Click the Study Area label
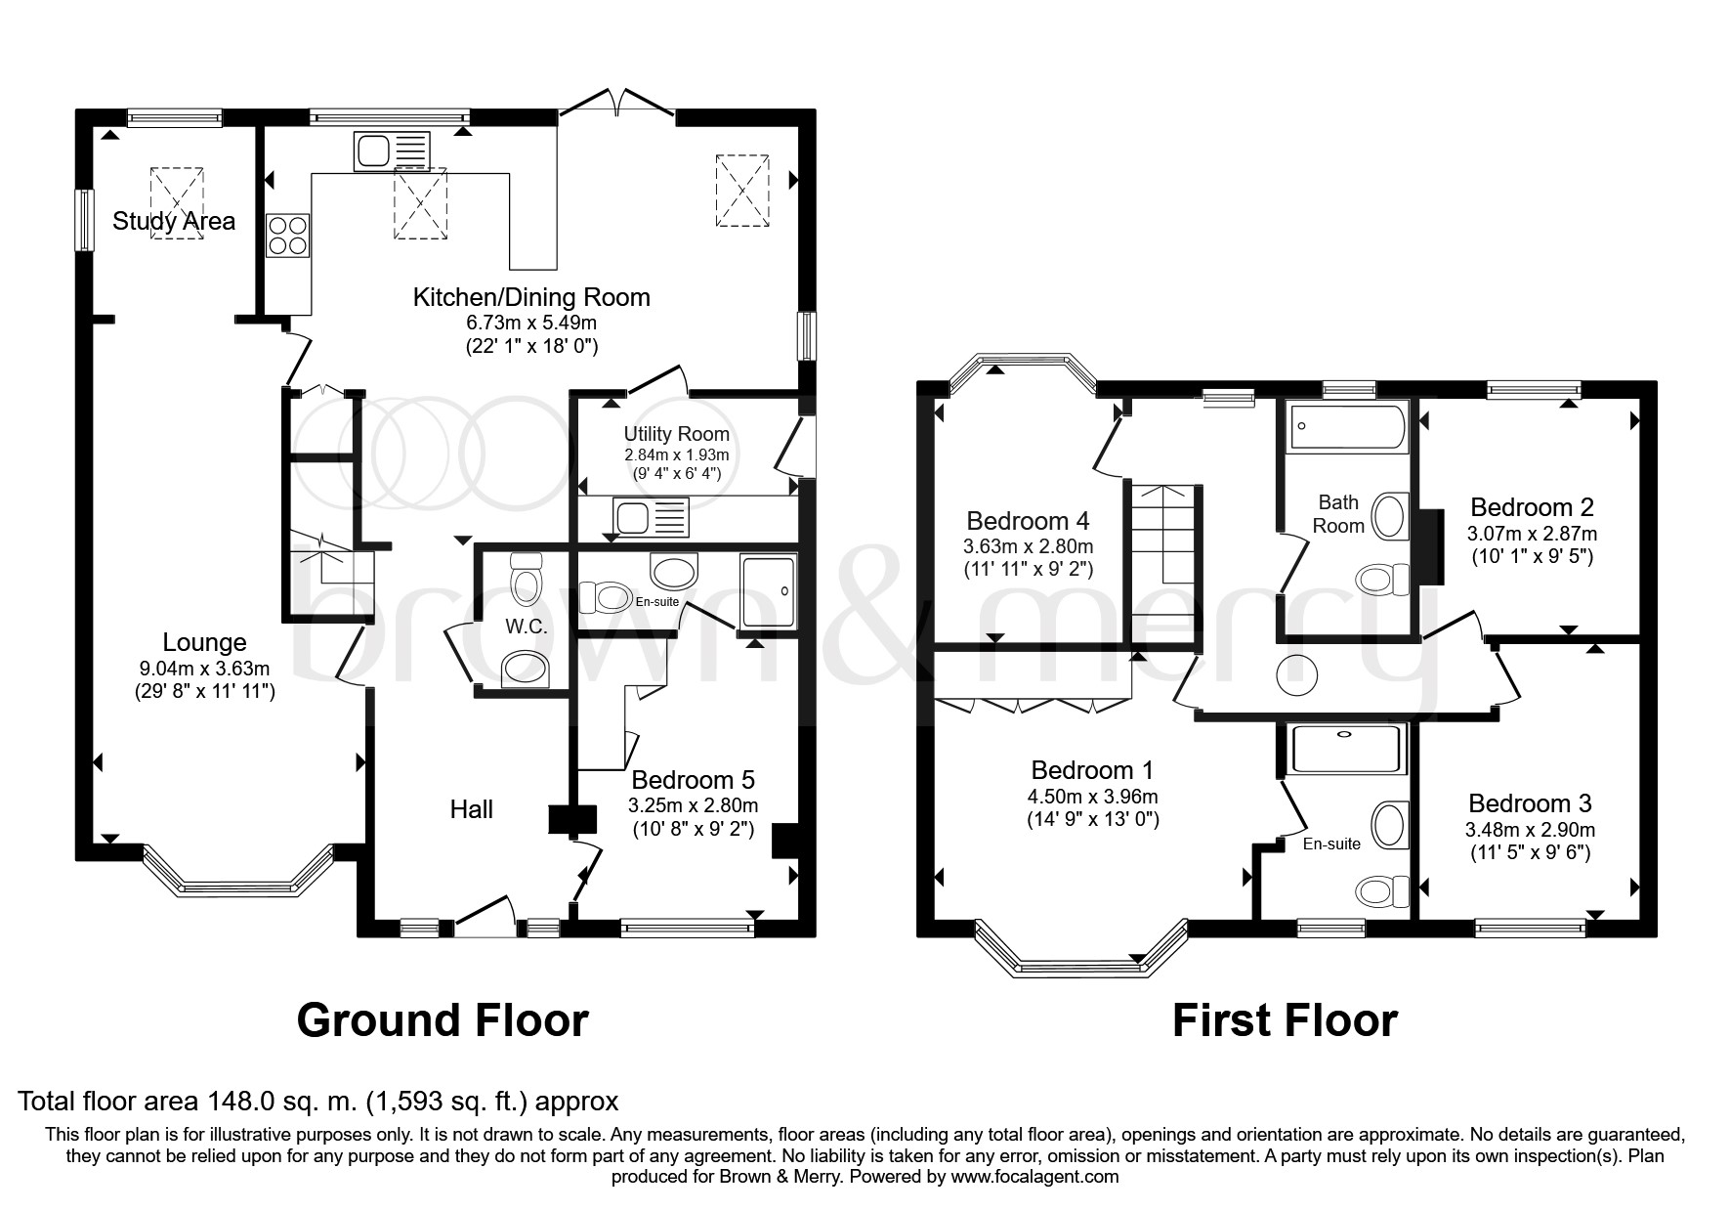tap(174, 221)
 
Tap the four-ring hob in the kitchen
tap(287, 236)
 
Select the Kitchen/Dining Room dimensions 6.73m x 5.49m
tap(531, 323)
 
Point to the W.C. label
tap(527, 627)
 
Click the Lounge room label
tap(204, 642)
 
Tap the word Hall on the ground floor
tap(472, 809)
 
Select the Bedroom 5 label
tap(693, 780)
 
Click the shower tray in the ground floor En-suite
tap(769, 590)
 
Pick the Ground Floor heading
tap(443, 1020)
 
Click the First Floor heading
tap(1285, 1020)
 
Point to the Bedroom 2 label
tap(1532, 507)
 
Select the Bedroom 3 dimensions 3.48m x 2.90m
tap(1531, 830)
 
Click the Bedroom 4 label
tap(1028, 520)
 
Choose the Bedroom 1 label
tap(1092, 768)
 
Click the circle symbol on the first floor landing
tap(1296, 674)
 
